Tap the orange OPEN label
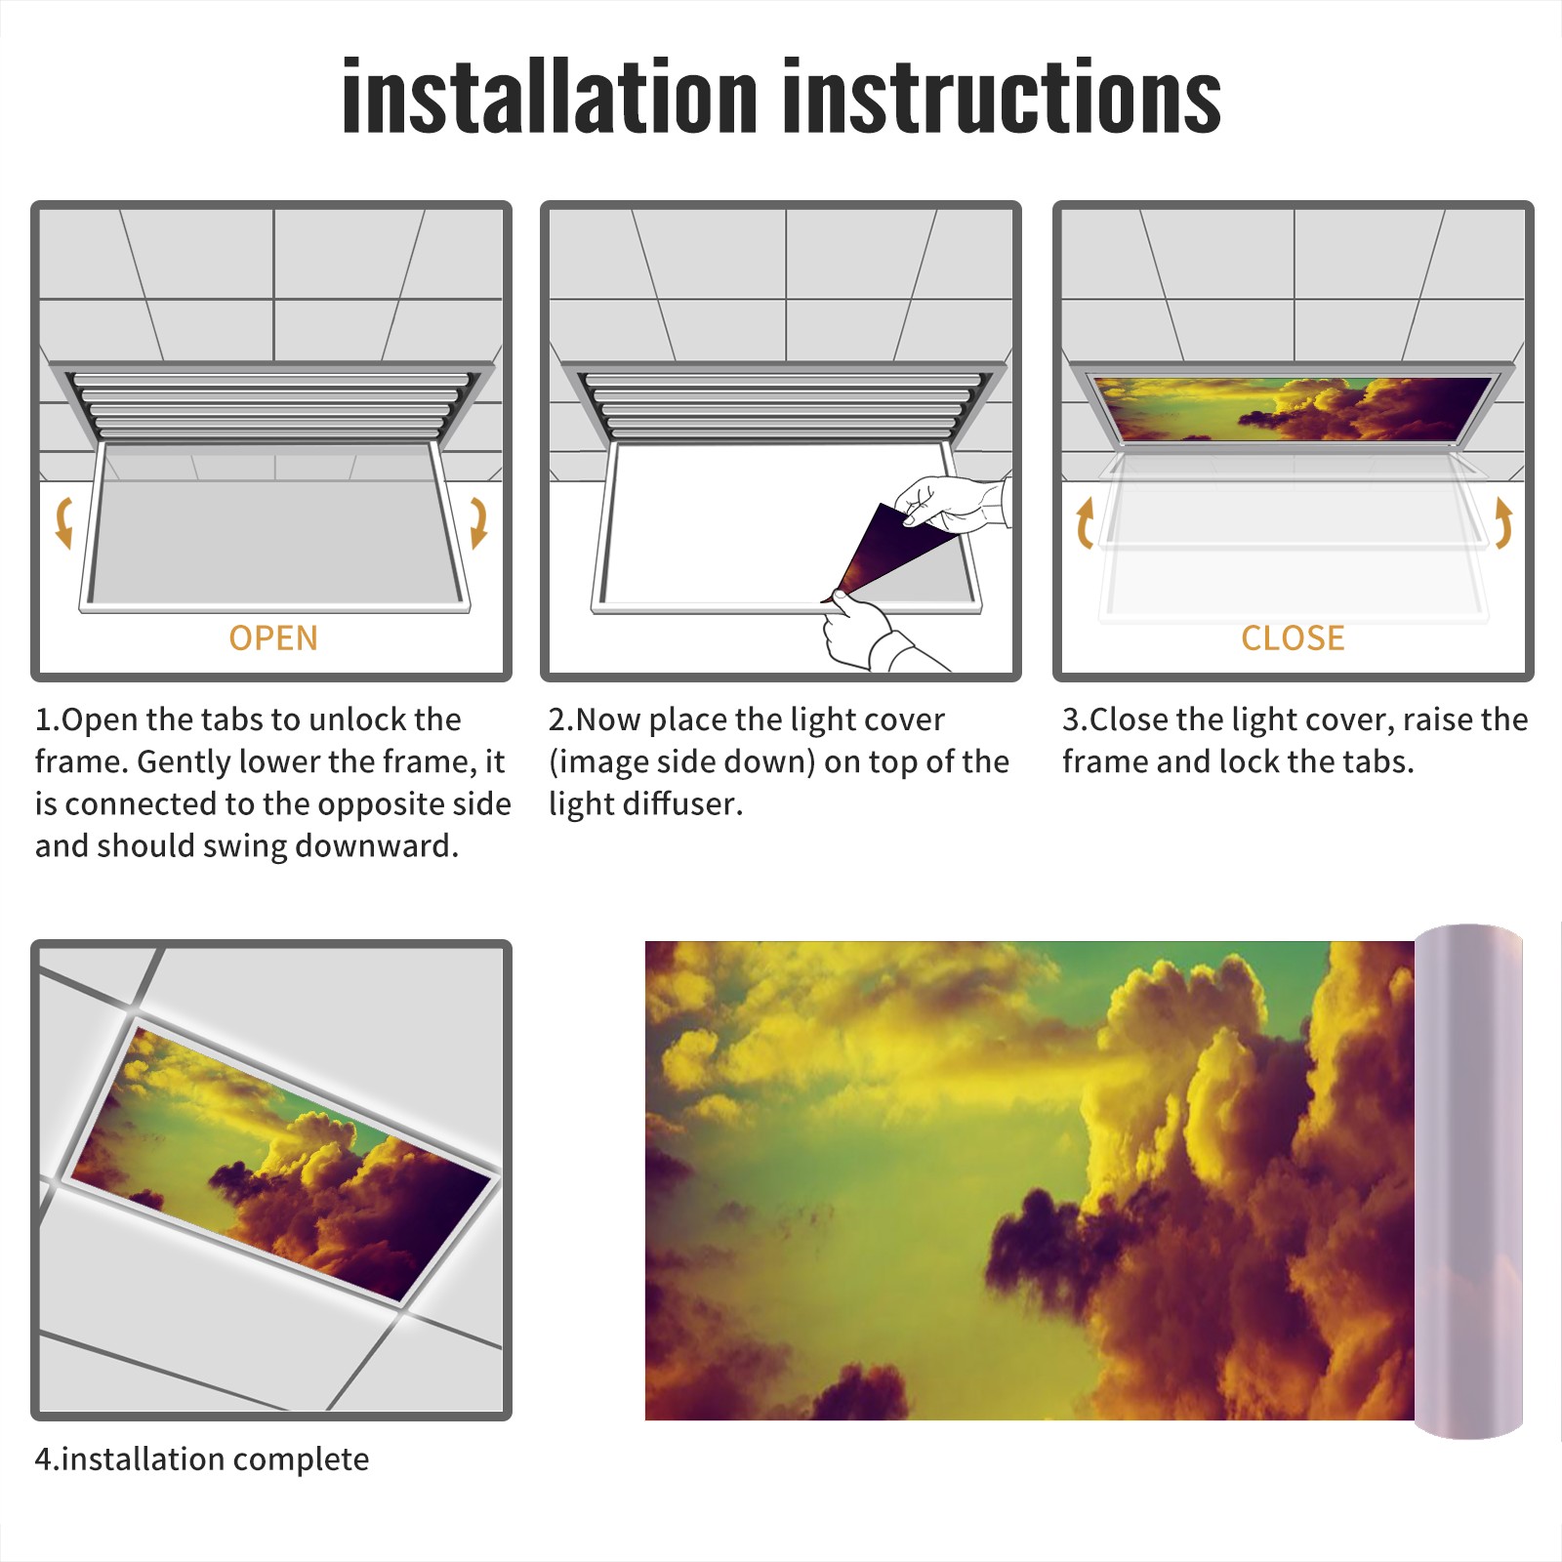click(x=273, y=638)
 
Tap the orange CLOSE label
click(x=1293, y=638)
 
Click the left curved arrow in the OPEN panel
click(x=63, y=522)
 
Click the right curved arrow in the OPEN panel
click(x=478, y=522)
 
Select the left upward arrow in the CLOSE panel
click(x=1085, y=522)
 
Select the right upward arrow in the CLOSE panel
click(x=1503, y=522)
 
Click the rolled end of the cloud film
click(x=1468, y=1181)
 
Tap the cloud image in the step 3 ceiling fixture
click(x=1293, y=408)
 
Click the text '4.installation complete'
click(x=202, y=1459)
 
